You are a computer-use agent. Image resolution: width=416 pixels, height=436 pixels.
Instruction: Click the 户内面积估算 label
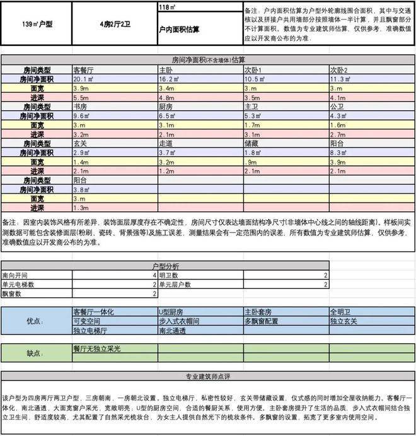180,30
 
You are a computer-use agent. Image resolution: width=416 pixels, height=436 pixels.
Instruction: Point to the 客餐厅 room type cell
84,69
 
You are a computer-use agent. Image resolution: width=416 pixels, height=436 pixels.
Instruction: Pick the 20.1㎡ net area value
84,80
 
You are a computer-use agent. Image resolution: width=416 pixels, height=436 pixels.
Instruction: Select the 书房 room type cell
80,107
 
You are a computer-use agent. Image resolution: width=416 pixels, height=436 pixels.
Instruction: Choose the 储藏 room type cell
251,144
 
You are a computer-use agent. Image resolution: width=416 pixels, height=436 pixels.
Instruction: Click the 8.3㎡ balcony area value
339,153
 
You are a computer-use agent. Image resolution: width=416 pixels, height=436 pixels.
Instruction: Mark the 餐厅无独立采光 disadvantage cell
98,348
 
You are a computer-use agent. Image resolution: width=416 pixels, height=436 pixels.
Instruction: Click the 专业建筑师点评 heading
207,377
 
